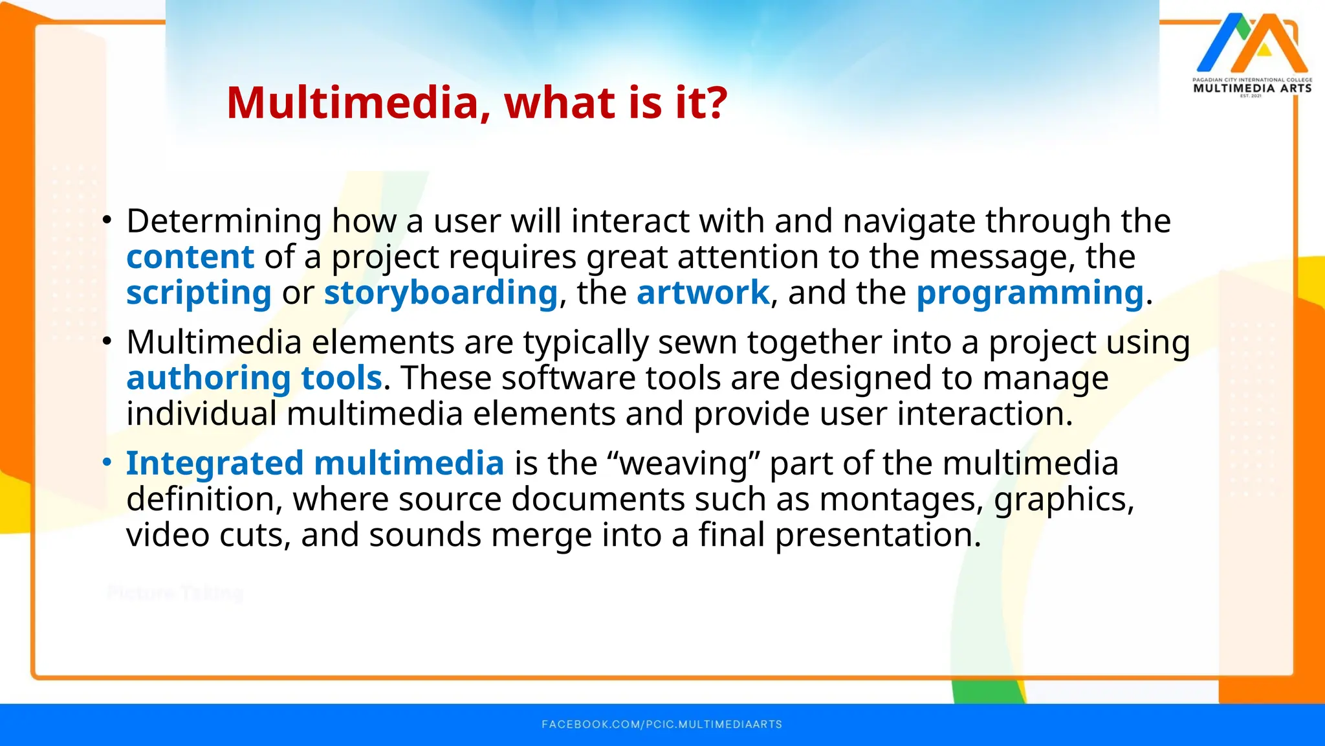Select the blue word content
(190, 257)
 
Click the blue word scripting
(199, 293)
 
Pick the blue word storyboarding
(441, 293)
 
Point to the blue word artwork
(703, 293)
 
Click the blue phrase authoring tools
(254, 378)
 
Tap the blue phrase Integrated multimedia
(315, 464)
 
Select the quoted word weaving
(683, 464)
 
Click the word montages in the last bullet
(901, 500)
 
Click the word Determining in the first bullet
(224, 221)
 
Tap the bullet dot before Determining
(107, 221)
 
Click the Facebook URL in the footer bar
(662, 724)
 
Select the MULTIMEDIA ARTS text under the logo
(1252, 88)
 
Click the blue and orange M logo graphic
(1251, 43)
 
